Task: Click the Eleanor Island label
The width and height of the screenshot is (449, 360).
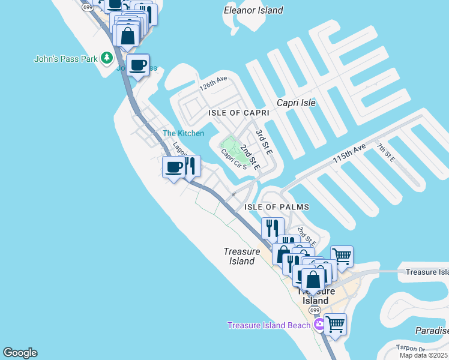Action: coord(253,10)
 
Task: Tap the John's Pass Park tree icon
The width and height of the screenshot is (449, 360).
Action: coord(107,58)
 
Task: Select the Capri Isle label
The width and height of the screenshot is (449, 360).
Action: coord(296,103)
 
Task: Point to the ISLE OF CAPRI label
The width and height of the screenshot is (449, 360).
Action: coord(238,113)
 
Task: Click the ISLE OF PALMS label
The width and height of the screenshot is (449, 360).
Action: coord(276,207)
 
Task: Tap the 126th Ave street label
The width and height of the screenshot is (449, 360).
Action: coord(214,83)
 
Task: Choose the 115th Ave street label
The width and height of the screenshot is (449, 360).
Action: coord(349,155)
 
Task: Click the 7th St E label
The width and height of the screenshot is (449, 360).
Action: coord(385,152)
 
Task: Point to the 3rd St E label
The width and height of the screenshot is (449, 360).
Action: coord(264,142)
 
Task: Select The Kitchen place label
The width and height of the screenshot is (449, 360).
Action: coord(184,133)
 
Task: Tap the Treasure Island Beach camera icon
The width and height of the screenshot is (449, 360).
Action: coord(320,325)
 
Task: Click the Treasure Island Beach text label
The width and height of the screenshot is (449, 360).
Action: coord(269,325)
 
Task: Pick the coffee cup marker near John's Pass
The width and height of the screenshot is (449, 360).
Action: coord(138,65)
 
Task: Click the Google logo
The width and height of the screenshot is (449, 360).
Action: coord(20,353)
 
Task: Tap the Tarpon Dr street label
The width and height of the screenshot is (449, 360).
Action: coord(411,349)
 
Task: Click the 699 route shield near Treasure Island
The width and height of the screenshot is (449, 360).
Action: coord(315,310)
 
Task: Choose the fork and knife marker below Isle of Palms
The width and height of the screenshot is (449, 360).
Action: coord(272,228)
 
